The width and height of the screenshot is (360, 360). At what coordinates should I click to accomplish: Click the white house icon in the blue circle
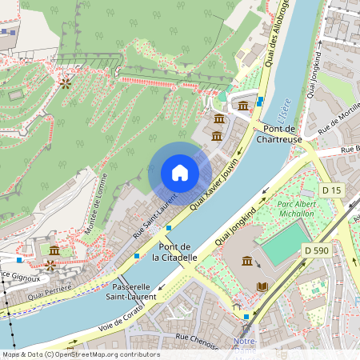(180, 173)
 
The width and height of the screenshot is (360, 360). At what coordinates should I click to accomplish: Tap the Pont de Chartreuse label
(278, 134)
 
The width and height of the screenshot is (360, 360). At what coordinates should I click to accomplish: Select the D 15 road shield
(330, 190)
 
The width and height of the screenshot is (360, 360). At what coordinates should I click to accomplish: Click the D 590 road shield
(318, 251)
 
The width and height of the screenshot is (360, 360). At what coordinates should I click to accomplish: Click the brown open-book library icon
(262, 286)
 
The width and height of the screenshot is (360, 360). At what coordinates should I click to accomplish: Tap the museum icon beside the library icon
(246, 262)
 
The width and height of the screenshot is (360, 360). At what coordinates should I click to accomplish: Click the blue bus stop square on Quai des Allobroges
(262, 101)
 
